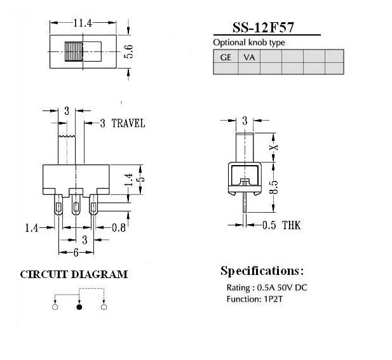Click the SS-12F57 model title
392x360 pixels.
pos(263,27)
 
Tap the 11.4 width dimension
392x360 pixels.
pos(83,23)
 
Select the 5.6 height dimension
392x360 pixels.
pos(129,51)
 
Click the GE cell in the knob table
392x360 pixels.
pos(226,57)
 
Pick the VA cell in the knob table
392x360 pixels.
pos(249,57)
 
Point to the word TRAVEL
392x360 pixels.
pos(128,123)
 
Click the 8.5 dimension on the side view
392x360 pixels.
pos(274,187)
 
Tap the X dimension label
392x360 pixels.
pos(274,147)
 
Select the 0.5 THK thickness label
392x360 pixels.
pos(281,225)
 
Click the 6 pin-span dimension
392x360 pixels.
pos(76,253)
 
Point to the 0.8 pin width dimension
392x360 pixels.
pos(119,227)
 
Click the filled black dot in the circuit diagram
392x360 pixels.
pos(79,307)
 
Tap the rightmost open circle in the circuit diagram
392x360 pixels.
pos(104,307)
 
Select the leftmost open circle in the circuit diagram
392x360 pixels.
pos(55,307)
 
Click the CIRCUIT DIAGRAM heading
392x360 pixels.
pos(74,274)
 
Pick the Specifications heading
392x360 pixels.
pos(262,271)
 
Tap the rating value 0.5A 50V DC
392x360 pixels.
pos(282,288)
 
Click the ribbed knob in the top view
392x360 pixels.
pos(74,51)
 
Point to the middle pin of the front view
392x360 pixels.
pos(76,205)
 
